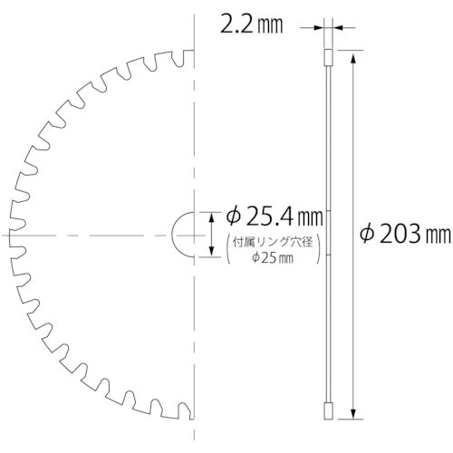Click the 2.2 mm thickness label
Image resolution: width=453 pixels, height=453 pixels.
tap(252, 25)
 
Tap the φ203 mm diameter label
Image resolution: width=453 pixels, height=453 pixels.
tap(405, 234)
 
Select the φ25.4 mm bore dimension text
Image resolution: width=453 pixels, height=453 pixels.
tap(275, 217)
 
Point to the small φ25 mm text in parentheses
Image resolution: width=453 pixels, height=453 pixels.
tap(273, 258)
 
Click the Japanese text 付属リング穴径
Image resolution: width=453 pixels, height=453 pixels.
tap(273, 243)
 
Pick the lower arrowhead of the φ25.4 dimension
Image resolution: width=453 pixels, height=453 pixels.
tap(211, 251)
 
